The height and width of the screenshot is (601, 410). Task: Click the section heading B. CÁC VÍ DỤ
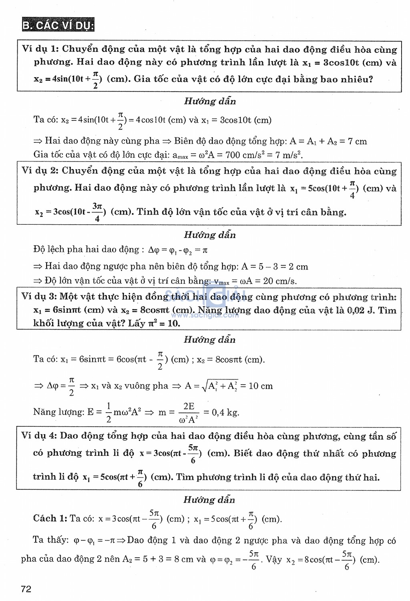point(58,25)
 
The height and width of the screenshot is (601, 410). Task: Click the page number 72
point(26,589)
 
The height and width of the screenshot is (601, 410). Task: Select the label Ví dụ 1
point(40,49)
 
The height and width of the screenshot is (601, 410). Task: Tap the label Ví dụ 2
point(40,171)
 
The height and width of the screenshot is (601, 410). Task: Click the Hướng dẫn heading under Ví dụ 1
point(210,101)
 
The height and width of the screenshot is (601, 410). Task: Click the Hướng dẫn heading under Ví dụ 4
point(209,499)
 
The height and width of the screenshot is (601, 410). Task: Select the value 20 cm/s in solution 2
point(280,281)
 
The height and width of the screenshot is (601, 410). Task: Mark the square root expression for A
point(220,386)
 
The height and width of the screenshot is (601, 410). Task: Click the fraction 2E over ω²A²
point(189,413)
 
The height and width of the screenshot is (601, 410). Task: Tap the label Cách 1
point(50,519)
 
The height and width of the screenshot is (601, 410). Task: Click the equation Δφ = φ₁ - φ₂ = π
point(178,250)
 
